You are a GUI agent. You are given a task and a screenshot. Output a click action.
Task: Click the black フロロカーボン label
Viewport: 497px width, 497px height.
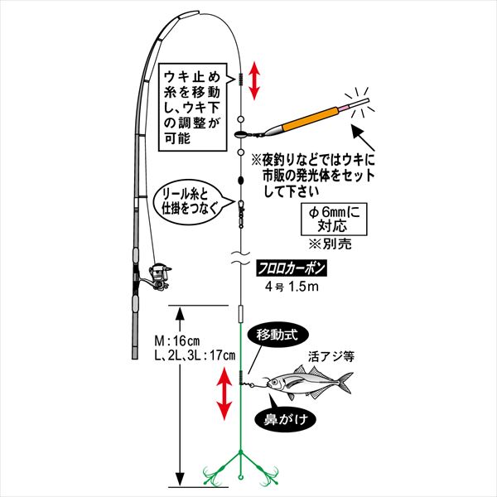click(x=292, y=269)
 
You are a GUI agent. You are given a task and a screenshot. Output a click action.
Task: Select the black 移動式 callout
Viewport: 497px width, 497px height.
click(x=277, y=335)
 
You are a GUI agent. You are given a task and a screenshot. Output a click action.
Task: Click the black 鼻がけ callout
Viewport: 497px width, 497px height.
click(x=286, y=419)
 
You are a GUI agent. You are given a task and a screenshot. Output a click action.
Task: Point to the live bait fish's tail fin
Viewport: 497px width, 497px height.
click(x=345, y=382)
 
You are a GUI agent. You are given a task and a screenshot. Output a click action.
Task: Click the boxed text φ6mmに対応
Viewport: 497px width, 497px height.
click(x=334, y=219)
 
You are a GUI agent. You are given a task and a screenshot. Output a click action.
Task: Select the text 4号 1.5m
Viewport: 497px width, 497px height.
click(x=292, y=287)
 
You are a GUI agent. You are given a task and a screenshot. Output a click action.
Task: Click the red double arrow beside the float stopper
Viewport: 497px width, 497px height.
click(x=254, y=81)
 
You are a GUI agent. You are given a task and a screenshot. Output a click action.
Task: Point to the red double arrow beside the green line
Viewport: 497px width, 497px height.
click(x=224, y=393)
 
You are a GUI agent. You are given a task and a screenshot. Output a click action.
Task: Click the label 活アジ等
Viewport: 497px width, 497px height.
click(x=331, y=357)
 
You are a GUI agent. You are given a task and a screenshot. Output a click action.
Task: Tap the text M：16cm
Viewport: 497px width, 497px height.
click(x=177, y=341)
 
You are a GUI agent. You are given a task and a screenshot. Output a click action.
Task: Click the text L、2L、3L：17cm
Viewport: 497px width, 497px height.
click(x=195, y=355)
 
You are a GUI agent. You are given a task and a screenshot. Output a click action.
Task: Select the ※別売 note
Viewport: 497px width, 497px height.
click(x=331, y=244)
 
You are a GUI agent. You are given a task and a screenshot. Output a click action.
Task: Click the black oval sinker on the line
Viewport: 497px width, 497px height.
click(x=240, y=181)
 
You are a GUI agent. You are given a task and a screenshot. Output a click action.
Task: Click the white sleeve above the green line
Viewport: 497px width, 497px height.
click(x=240, y=314)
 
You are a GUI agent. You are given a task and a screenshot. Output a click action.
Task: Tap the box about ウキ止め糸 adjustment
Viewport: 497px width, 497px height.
click(x=193, y=107)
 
